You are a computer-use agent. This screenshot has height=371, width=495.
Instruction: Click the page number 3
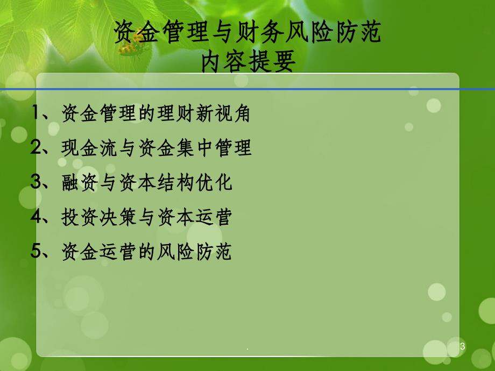pyautogui.click(x=463, y=346)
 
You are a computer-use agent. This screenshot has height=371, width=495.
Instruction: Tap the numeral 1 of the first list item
pyautogui.click(x=36, y=112)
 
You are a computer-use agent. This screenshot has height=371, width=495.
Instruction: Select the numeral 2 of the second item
pyautogui.click(x=36, y=147)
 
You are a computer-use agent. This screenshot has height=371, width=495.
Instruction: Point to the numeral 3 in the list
pyautogui.click(x=36, y=182)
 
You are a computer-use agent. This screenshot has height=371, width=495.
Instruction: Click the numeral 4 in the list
pyautogui.click(x=36, y=216)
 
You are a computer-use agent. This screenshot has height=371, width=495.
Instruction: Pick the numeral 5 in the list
pyautogui.click(x=36, y=251)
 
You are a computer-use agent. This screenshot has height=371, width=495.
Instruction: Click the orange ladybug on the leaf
pyautogui.click(x=132, y=44)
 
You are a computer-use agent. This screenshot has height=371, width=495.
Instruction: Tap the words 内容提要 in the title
pyautogui.click(x=249, y=61)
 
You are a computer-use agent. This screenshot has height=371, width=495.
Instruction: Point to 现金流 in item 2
pyautogui.click(x=90, y=148)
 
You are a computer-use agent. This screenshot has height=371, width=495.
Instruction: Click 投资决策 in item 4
pyautogui.click(x=99, y=217)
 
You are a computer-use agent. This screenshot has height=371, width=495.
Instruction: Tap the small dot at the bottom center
pyautogui.click(x=247, y=349)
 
